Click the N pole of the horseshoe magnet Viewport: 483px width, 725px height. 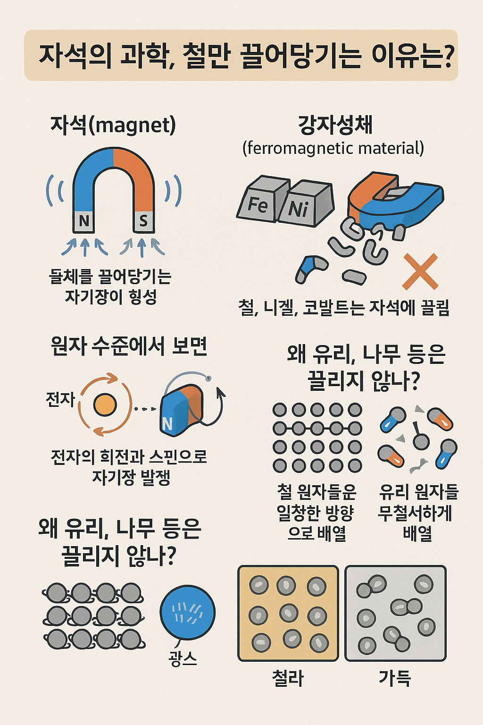point(84,222)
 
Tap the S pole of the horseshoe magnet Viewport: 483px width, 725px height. point(143,222)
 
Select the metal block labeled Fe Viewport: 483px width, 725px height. point(263,199)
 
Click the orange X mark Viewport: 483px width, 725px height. point(420,271)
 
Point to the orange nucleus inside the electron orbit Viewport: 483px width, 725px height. point(105,405)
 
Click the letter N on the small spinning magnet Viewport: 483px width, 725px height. point(167,424)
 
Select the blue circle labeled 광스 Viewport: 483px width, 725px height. point(188,612)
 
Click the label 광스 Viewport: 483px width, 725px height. point(183,658)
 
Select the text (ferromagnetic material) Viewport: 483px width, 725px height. point(333,149)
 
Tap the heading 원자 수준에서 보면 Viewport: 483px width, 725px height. point(129,346)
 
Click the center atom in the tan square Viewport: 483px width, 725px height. point(289,613)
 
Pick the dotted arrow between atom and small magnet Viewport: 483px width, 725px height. point(145,409)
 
